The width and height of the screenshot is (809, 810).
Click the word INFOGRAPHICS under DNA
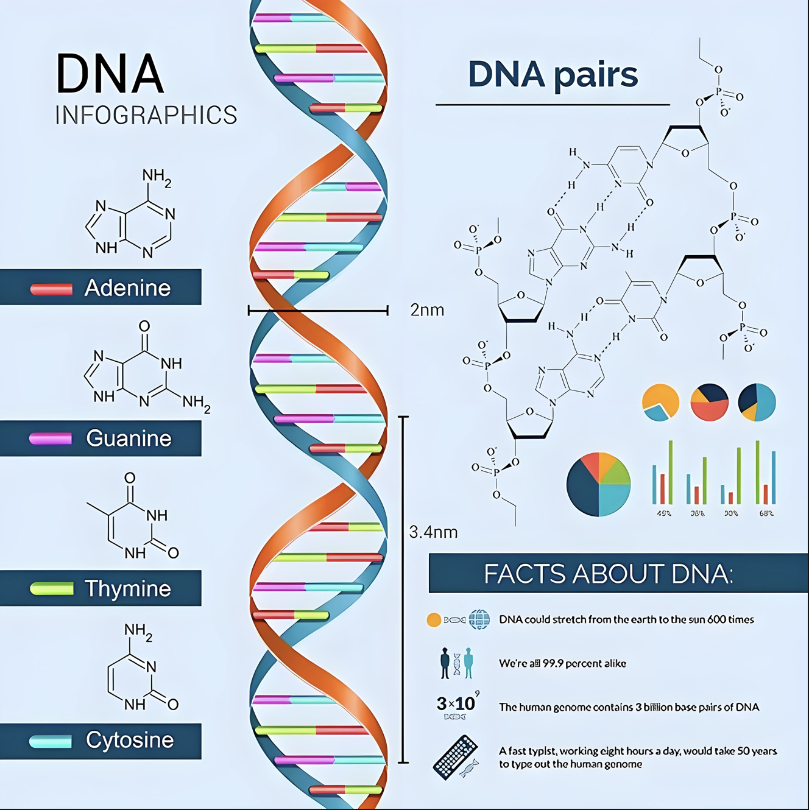point(146,115)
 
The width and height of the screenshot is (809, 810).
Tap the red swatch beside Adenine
point(52,289)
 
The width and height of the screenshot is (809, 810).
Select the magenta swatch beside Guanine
point(51,438)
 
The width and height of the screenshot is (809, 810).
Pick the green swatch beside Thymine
point(52,588)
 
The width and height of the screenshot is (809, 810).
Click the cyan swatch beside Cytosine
point(51,741)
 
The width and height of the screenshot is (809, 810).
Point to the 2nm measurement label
point(427,310)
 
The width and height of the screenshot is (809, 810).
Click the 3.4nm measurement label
point(433,532)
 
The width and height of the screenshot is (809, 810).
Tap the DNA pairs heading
point(553,74)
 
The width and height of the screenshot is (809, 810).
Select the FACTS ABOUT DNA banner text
point(608,574)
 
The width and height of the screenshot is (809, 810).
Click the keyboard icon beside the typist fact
point(456,757)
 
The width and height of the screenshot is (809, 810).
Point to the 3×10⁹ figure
point(457,703)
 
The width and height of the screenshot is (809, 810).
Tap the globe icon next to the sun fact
point(479,619)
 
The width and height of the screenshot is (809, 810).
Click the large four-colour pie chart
point(598,484)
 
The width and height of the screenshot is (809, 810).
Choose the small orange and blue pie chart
point(660,402)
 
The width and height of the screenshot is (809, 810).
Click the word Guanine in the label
point(129,438)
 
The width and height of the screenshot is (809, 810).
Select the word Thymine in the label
point(127,588)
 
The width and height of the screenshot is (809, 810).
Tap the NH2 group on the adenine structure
point(157,177)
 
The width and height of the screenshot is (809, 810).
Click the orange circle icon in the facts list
point(434,620)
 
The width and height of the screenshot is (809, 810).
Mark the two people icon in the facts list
point(456,663)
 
